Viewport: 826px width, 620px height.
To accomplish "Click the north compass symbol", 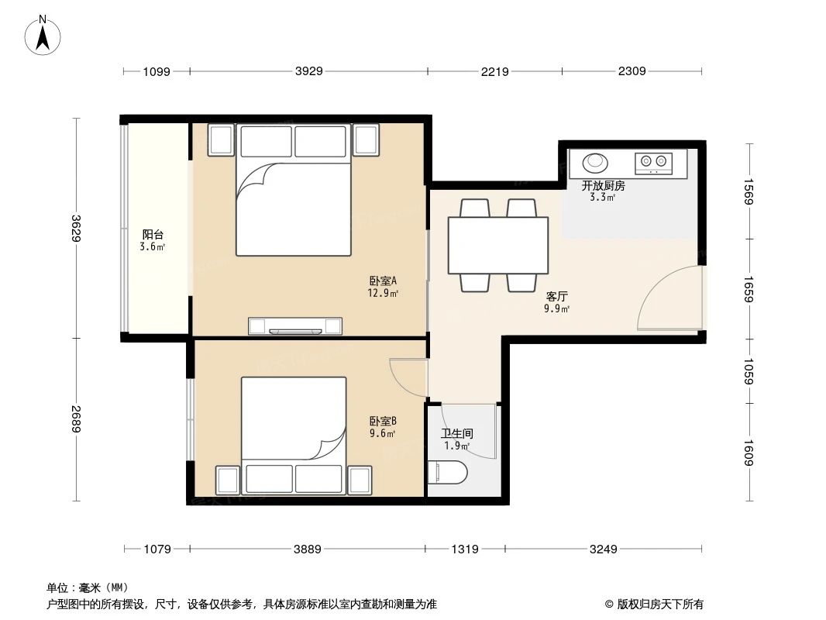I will point(43,34).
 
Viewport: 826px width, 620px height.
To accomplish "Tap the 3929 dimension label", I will point(308,71).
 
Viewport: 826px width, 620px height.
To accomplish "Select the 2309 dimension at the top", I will point(632,71).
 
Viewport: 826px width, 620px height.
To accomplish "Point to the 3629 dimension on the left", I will point(76,228).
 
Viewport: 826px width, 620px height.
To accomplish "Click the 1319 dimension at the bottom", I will point(464,549).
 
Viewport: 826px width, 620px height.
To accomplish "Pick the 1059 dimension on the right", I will point(749,371).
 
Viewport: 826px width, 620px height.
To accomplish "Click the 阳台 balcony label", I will point(153,234).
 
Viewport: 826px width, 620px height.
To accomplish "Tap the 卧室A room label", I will point(383,281).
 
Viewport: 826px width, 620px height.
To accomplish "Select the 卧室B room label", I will point(383,421).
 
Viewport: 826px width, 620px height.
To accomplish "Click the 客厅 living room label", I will point(557,296).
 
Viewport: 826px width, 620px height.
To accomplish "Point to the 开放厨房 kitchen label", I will point(604,185).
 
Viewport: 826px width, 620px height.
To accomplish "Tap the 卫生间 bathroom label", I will point(457,433).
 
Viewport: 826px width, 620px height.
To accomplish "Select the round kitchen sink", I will point(595,163).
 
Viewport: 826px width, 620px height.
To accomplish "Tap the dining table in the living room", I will point(497,245).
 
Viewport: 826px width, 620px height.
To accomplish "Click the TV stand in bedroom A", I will point(295,326).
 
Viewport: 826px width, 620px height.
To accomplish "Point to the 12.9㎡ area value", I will point(383,293).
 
